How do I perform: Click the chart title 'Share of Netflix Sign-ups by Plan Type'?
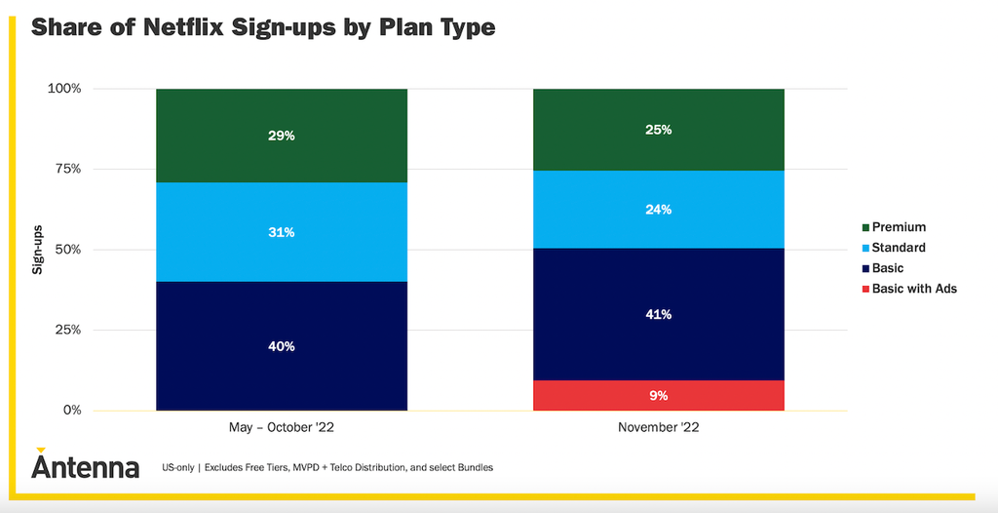pos(263,28)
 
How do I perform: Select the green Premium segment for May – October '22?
pos(282,136)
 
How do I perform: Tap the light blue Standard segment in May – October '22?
pos(282,232)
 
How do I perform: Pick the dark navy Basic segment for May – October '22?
pos(282,346)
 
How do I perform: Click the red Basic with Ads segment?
pos(658,396)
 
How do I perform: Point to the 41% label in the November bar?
pos(658,314)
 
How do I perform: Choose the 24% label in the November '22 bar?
pos(658,210)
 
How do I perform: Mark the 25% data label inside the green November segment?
pos(658,130)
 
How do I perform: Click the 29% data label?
pos(282,136)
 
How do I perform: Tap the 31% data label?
pos(282,232)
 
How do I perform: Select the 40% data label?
pos(282,346)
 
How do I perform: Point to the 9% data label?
pos(658,396)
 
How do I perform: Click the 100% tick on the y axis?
pos(65,89)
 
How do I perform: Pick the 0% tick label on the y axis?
pos(72,411)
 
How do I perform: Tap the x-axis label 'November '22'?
pos(658,428)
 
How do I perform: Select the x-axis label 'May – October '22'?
pos(282,428)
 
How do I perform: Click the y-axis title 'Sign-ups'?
pos(38,249)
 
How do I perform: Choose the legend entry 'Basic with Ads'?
pos(907,289)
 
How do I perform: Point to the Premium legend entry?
pos(893,227)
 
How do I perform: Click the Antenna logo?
pos(86,464)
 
